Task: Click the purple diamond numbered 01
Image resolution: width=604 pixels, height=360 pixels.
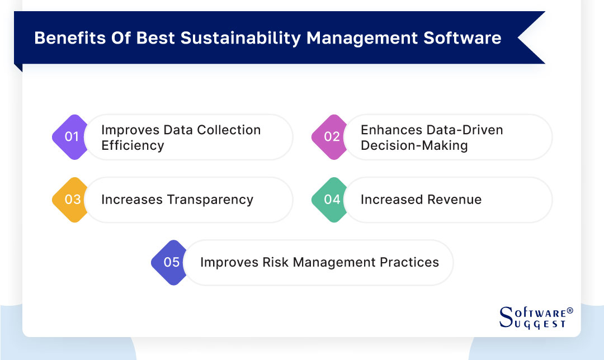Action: tap(71, 137)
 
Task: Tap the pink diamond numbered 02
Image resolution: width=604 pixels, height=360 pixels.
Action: tap(332, 137)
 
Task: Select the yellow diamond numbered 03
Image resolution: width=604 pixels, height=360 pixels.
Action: tap(72, 200)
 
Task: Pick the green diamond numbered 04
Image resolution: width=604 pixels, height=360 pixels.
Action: tap(332, 200)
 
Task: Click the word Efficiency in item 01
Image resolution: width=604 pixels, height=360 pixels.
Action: tap(133, 145)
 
